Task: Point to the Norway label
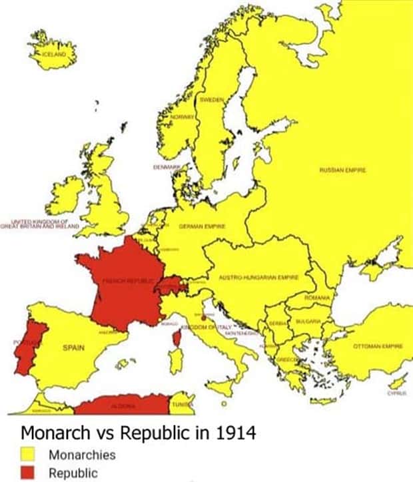182,116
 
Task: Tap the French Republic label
127,281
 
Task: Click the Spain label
73,348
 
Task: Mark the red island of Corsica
177,338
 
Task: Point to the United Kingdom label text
40,223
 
